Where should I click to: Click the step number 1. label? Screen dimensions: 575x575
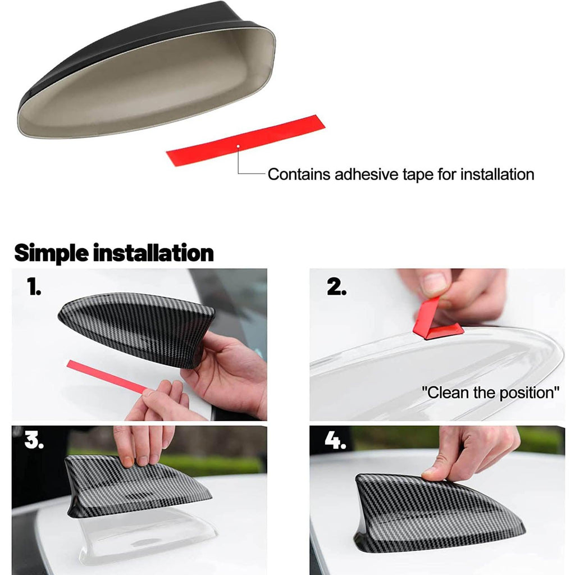point(34,286)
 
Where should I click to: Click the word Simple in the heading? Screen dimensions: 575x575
point(51,253)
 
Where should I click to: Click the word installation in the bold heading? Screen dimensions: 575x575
point(153,253)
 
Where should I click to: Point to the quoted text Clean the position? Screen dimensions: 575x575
point(490,393)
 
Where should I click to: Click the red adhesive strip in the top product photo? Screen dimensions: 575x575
point(245,140)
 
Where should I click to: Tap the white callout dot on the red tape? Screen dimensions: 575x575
point(238,146)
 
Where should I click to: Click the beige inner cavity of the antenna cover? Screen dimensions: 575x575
point(147,84)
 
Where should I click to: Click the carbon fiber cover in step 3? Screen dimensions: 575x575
point(136,486)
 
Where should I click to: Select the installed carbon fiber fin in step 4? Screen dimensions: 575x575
point(436,513)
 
